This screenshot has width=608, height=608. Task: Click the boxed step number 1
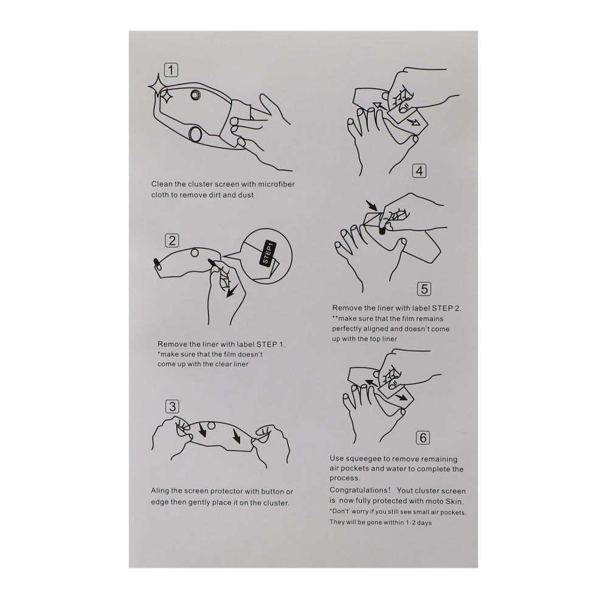[171, 70]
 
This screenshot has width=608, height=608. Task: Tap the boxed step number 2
[172, 240]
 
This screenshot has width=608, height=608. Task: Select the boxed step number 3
[172, 406]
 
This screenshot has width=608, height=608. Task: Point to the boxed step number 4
[419, 171]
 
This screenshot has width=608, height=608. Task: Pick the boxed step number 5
[424, 289]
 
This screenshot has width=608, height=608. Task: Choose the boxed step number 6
[423, 438]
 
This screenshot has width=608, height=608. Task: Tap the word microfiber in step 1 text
[275, 184]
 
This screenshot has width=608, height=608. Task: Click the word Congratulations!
[360, 490]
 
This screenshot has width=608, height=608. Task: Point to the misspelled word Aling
[160, 491]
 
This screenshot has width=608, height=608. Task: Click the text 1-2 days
[418, 522]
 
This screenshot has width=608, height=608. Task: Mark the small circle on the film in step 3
[211, 426]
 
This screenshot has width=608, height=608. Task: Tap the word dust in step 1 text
[245, 195]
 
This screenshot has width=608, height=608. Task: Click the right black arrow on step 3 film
[236, 437]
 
